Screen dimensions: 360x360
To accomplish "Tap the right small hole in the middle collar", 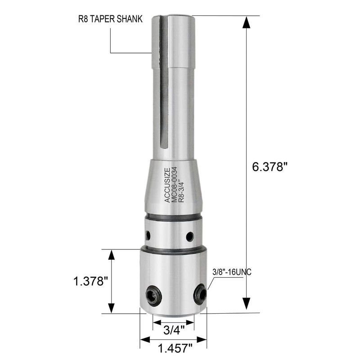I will click(190, 235).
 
